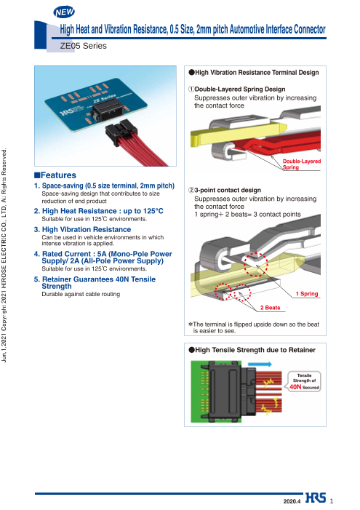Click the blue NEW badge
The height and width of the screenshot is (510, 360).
tap(64, 12)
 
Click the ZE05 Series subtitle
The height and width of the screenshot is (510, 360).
tap(83, 46)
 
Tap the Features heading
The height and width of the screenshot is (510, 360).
tap(55, 175)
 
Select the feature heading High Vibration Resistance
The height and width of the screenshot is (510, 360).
tap(87, 230)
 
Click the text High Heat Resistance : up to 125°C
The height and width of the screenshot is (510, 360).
tap(99, 211)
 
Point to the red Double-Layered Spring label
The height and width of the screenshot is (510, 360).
tap(302, 164)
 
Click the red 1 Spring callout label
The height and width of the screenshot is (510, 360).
tap(307, 294)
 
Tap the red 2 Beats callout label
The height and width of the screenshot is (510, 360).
tap(270, 308)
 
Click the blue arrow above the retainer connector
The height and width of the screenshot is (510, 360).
tap(260, 364)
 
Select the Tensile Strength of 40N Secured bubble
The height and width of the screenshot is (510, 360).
tap(304, 381)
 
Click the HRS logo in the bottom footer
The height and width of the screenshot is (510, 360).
tap(316, 498)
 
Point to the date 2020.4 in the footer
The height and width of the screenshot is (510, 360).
tap(292, 501)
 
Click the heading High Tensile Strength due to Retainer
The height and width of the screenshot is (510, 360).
tap(252, 350)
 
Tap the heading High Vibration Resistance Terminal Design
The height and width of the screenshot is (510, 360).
tap(254, 73)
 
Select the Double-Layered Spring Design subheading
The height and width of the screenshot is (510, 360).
tap(237, 89)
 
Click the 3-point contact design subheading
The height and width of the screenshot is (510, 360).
tap(225, 190)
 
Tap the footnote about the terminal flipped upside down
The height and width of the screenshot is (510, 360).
tap(254, 327)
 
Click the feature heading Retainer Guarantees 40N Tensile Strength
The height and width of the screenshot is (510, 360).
tap(95, 283)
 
